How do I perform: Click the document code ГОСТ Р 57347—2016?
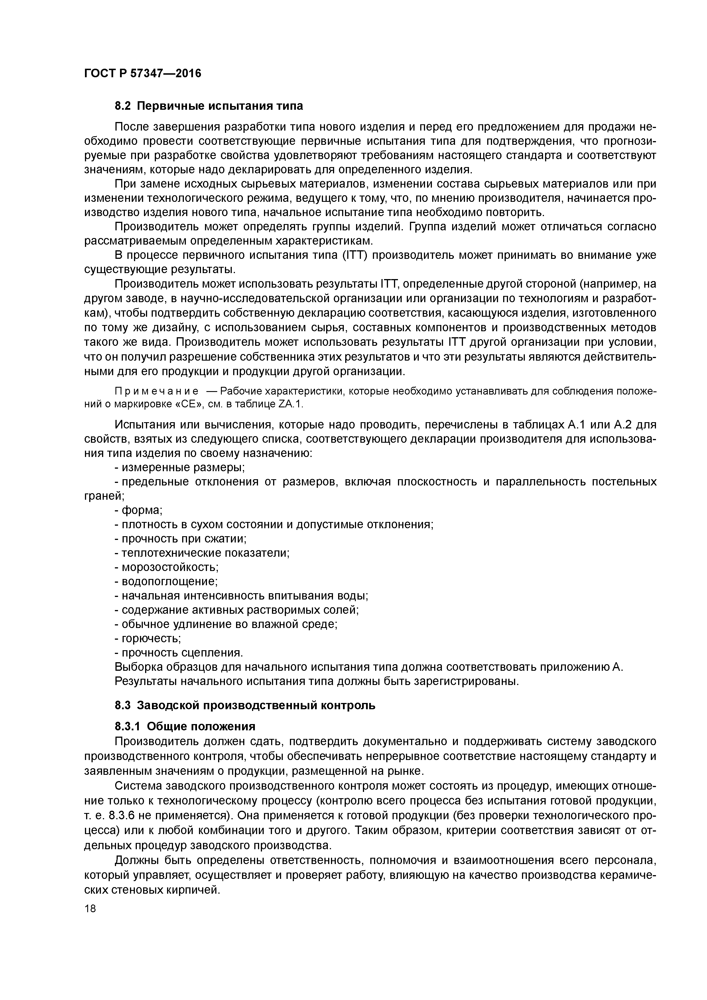tap(143, 73)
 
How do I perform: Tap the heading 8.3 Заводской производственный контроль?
tap(245, 705)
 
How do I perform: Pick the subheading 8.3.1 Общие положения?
tap(185, 726)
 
